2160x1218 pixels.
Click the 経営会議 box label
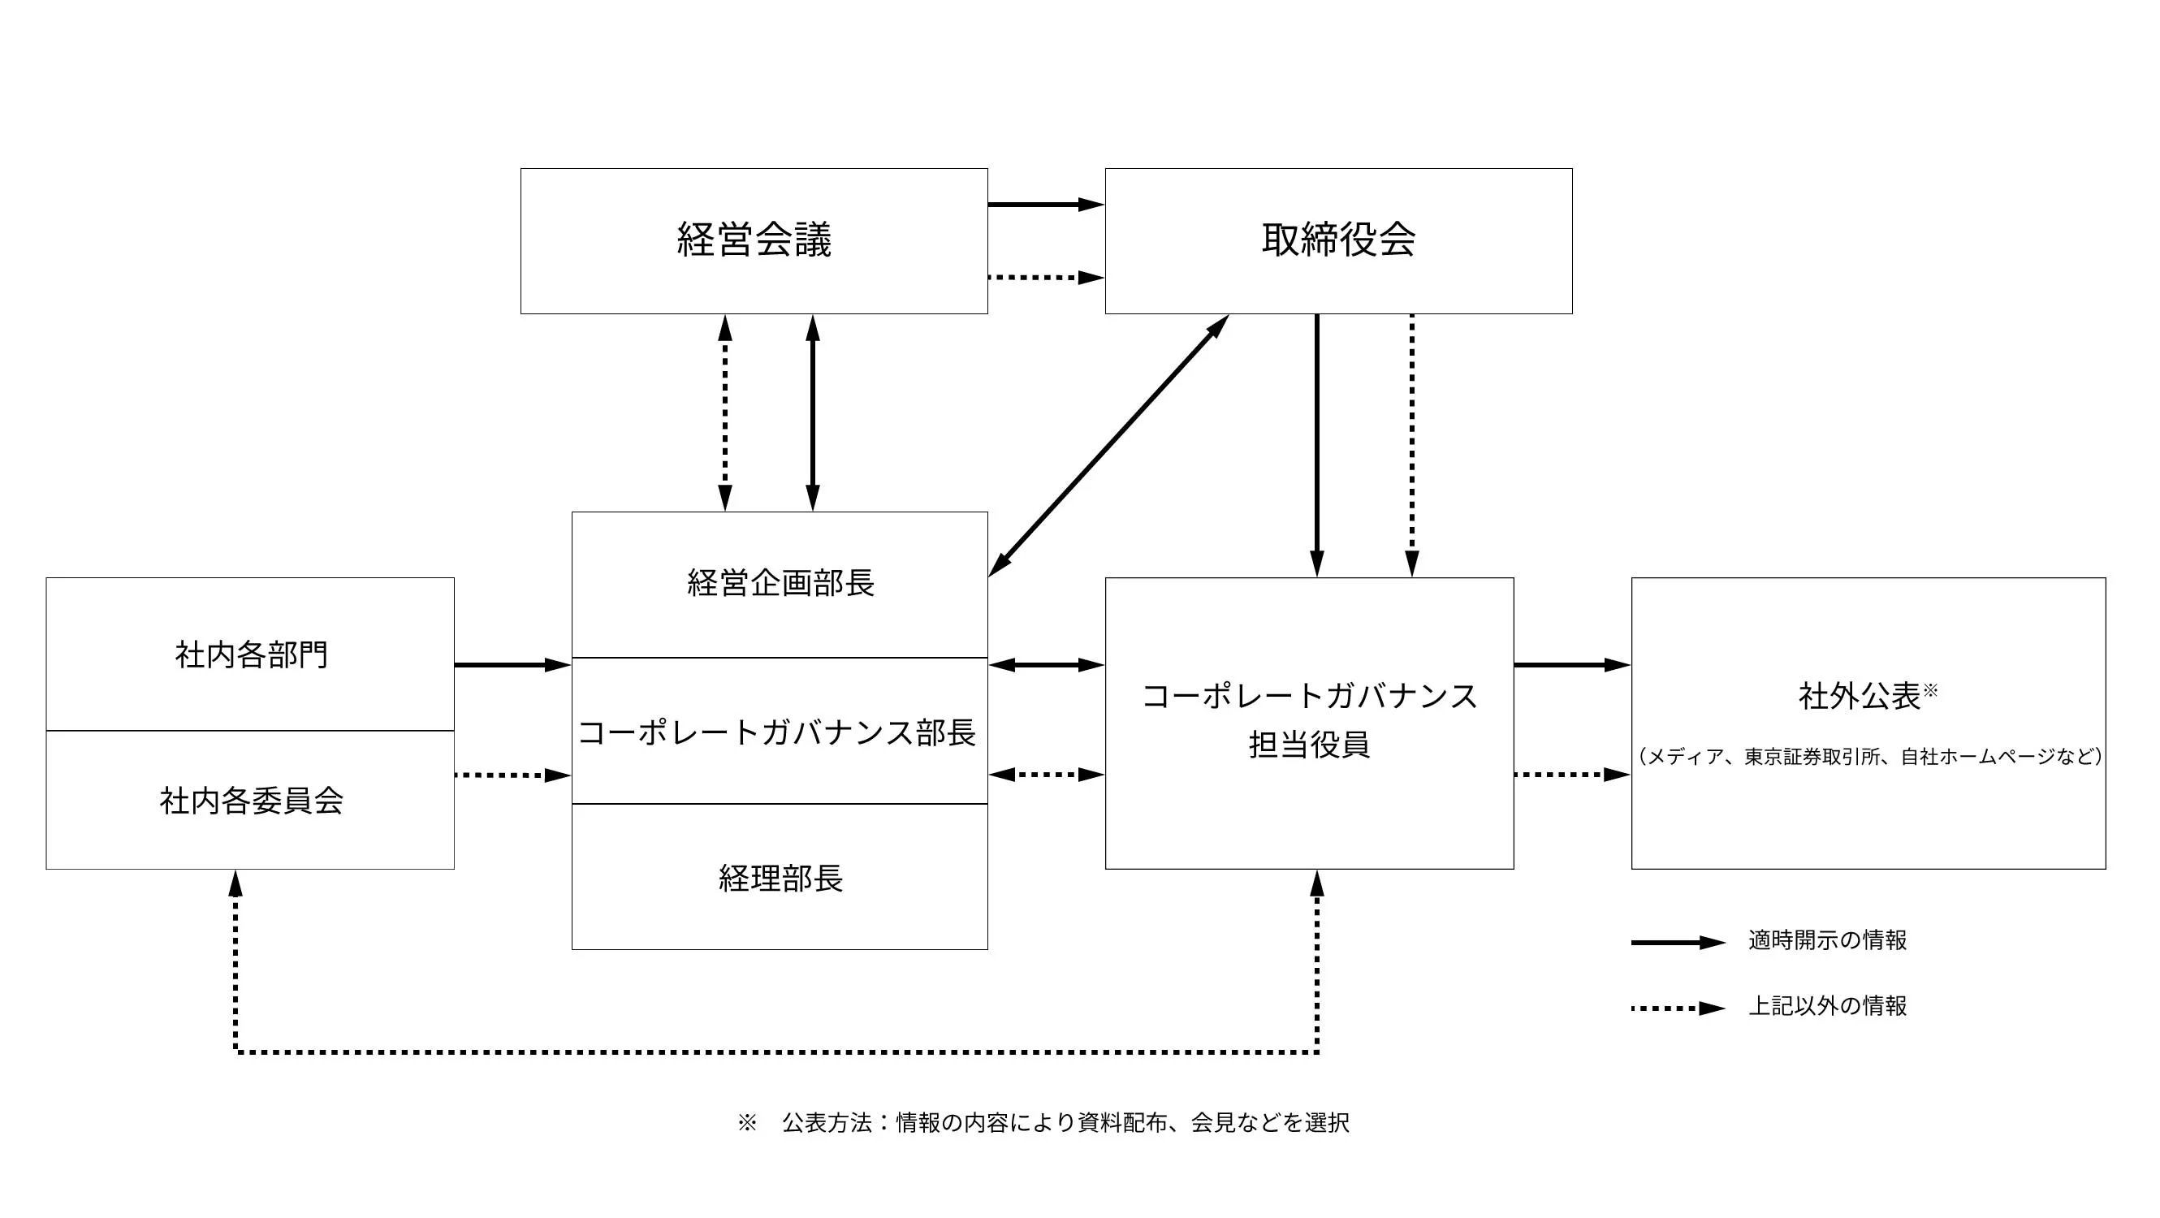point(754,240)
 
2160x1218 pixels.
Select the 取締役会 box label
point(1338,240)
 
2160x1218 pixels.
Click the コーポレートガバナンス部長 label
point(777,732)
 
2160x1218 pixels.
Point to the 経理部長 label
point(780,879)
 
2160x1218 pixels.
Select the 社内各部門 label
point(251,654)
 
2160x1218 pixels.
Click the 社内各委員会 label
point(251,801)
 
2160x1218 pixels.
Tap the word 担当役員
point(1309,745)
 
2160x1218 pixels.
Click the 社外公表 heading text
point(1859,696)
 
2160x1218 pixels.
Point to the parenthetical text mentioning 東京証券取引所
point(1869,757)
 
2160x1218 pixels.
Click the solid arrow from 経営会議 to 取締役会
point(1045,205)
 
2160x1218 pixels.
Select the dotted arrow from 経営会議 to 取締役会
point(1045,278)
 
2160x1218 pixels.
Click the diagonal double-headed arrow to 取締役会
point(1108,446)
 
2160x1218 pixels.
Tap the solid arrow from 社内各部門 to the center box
point(512,665)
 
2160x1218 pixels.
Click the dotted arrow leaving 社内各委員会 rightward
point(512,775)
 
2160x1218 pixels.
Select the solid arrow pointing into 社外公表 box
point(1571,665)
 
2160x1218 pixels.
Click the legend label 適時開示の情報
point(1827,940)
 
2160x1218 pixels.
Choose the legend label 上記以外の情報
point(1827,1006)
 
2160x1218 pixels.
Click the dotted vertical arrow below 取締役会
point(1412,444)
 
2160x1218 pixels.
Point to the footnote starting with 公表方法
point(1065,1123)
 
